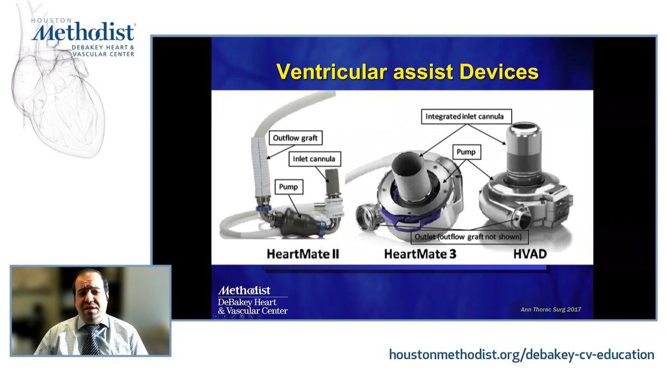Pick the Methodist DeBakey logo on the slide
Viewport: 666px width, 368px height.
pyautogui.click(x=253, y=300)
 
